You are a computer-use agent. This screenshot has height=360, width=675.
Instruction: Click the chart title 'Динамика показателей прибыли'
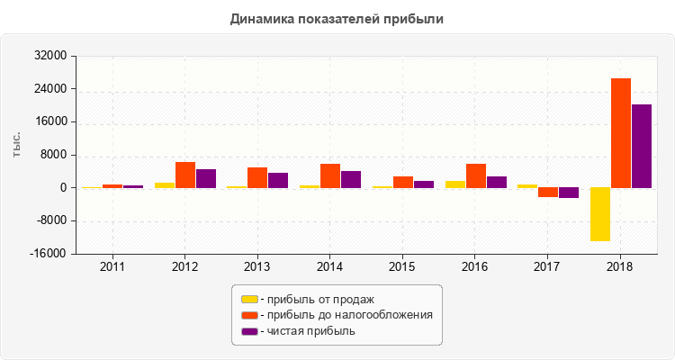[337, 19]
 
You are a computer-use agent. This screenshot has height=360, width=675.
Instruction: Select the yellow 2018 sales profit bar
[599, 214]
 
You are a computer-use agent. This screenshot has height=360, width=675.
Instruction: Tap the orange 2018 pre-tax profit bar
[620, 133]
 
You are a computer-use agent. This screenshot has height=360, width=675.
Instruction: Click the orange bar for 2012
[185, 175]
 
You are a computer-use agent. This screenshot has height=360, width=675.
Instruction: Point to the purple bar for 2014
[351, 179]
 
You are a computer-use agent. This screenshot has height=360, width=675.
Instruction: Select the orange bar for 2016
[476, 175]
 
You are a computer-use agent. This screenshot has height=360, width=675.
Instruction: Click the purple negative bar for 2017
[569, 193]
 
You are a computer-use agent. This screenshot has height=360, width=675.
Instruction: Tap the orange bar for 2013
[257, 177]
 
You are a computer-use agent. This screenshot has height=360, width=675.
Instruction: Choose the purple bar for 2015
[424, 184]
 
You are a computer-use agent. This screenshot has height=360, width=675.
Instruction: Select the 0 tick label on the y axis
[64, 188]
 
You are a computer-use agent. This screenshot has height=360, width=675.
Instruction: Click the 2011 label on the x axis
[112, 267]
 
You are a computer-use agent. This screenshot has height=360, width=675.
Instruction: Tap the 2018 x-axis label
[619, 267]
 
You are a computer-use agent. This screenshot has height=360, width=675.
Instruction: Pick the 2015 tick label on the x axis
[402, 267]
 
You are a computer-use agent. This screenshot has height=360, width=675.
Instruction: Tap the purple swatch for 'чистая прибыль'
[249, 331]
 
